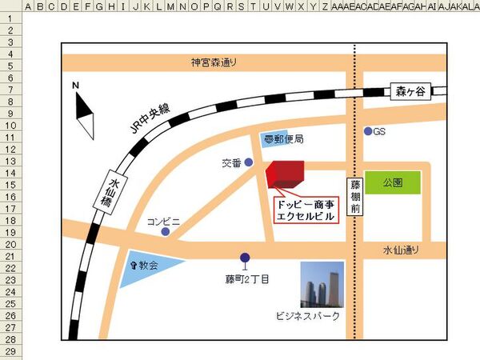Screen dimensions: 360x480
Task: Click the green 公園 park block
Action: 392,183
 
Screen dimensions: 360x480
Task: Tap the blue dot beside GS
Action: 368,131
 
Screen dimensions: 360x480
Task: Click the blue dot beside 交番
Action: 249,162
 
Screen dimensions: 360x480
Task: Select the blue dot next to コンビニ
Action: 165,232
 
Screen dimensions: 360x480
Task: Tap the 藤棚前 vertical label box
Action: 355,195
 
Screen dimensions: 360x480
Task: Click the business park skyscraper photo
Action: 322,284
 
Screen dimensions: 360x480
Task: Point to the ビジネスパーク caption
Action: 308,315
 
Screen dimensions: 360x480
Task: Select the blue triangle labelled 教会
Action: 144,267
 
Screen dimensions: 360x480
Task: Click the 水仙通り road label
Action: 401,250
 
